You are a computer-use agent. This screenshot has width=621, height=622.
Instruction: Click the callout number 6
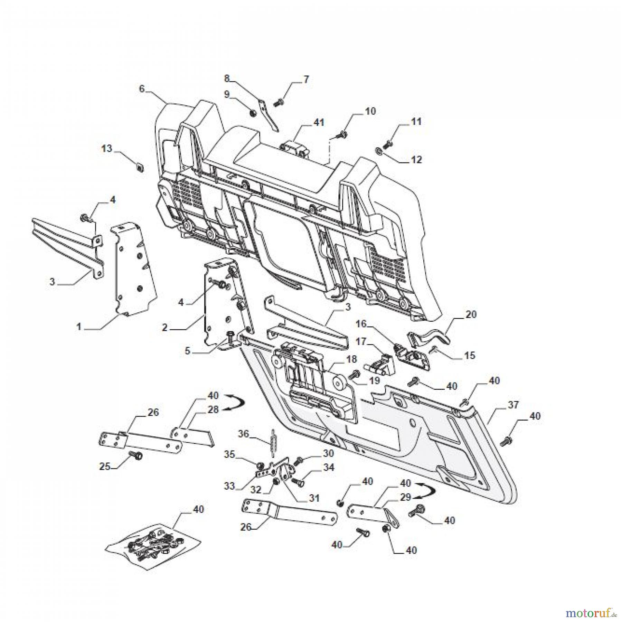[142, 89]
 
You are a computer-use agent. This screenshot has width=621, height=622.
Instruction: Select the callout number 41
[319, 122]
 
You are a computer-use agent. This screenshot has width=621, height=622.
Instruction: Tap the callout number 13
[107, 149]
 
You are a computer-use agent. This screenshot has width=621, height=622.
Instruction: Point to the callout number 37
[513, 404]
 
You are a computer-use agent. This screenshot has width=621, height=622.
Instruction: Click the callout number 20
[471, 314]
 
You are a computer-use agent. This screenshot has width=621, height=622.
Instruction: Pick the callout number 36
[244, 434]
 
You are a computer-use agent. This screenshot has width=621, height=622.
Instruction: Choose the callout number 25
[105, 466]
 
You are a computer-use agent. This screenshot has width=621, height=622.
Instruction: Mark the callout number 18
[351, 359]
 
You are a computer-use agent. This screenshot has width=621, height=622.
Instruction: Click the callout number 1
[79, 326]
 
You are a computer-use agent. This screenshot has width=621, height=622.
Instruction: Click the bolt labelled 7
[279, 102]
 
